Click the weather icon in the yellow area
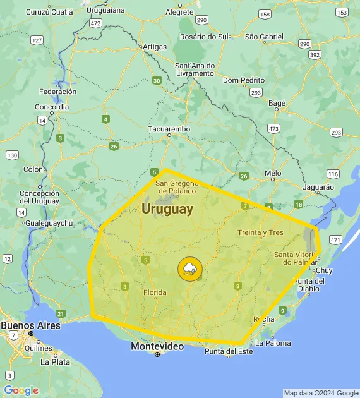(x=189, y=269)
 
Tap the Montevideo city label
(x=157, y=346)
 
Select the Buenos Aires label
(x=30, y=325)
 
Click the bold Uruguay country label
(x=167, y=209)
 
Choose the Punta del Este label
(x=228, y=351)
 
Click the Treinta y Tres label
(x=260, y=232)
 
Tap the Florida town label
(x=155, y=292)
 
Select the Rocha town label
(x=263, y=320)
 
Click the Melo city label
(x=273, y=172)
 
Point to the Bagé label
(x=277, y=102)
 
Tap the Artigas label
(x=155, y=47)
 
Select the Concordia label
(x=52, y=107)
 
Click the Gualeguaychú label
(x=47, y=223)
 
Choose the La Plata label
(x=55, y=362)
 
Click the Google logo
(x=21, y=390)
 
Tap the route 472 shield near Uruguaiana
(x=95, y=23)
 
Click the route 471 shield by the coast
(x=335, y=240)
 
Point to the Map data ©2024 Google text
(x=320, y=393)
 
